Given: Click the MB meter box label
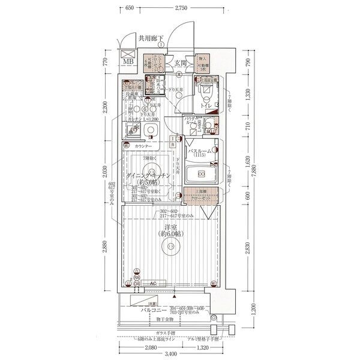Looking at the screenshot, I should (x=128, y=61).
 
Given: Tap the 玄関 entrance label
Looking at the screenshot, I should (x=181, y=62).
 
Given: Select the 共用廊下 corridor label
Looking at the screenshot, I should (x=151, y=38).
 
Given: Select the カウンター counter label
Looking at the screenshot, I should (x=143, y=146).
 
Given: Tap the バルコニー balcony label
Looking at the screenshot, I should (x=154, y=311).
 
